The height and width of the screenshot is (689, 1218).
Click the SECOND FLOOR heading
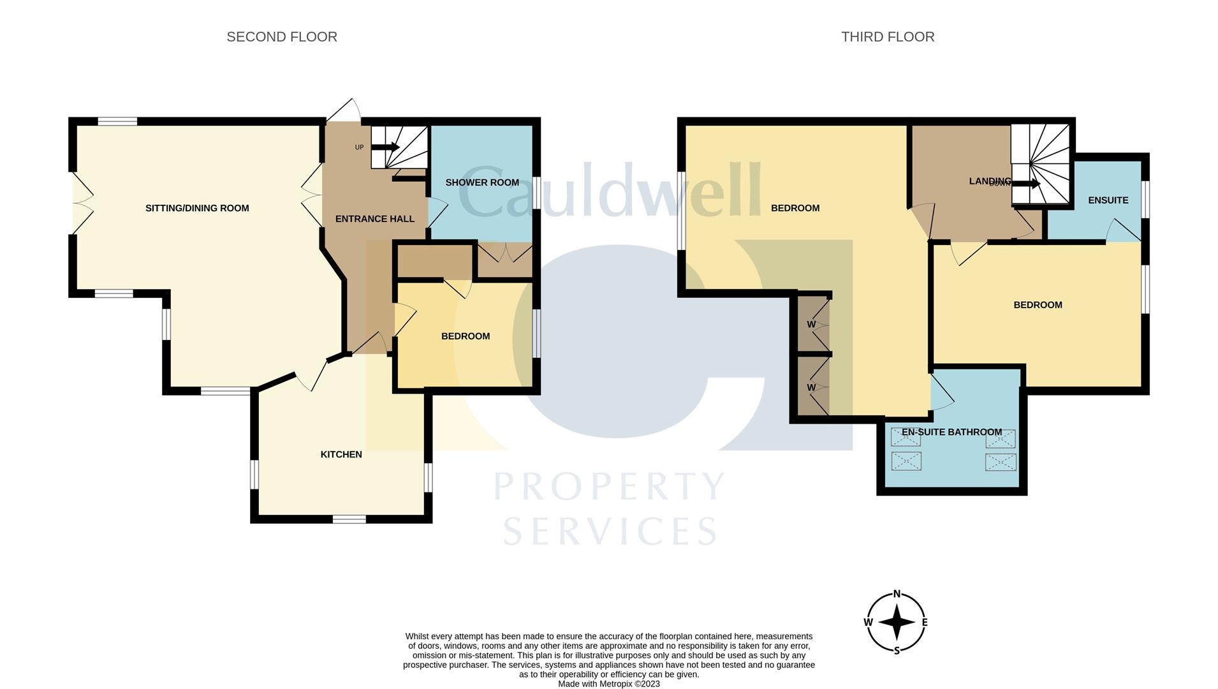click(282, 37)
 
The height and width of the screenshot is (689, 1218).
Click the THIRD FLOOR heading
click(887, 37)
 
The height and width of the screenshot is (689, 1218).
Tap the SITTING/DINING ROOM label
click(197, 208)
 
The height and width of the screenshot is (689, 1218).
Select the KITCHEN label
click(341, 454)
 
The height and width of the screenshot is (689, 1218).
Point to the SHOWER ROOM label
click(481, 182)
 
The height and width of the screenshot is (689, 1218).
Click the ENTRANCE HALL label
click(374, 219)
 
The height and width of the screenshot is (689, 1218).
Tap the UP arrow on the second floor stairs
click(385, 147)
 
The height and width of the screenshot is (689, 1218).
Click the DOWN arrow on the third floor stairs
click(1027, 184)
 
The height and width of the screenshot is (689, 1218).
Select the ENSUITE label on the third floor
click(1108, 200)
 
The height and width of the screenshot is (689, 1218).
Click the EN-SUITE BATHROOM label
click(951, 432)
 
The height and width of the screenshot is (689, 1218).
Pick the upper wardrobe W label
click(811, 324)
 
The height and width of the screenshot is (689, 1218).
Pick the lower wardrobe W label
click(811, 387)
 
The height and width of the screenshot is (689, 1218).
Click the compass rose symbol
click(896, 622)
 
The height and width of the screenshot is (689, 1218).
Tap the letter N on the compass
click(897, 594)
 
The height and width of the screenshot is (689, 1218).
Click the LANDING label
click(988, 181)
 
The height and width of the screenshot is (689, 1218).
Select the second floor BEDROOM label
click(465, 336)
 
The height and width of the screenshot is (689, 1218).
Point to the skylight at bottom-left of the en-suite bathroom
click(906, 461)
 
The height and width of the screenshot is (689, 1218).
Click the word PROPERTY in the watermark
click(609, 487)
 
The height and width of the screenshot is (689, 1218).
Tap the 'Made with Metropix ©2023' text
click(608, 684)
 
